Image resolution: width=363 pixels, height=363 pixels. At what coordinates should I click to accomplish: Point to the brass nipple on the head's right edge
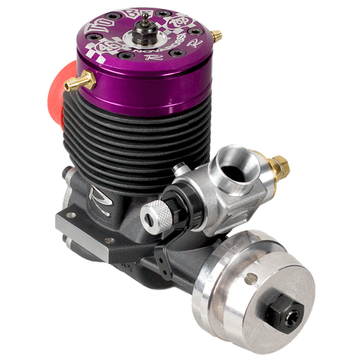click(218, 34)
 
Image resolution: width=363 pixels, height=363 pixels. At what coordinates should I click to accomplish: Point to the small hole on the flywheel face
click(249, 277)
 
